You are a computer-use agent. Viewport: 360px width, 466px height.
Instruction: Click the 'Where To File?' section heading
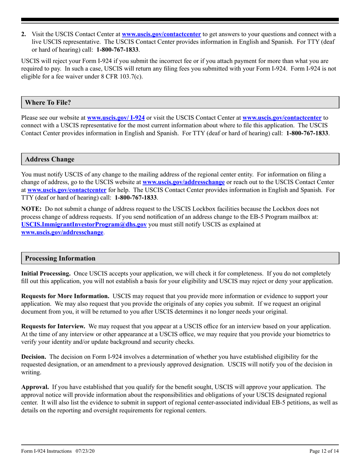coord(48,102)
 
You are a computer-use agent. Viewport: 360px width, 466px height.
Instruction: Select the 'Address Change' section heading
coord(50,160)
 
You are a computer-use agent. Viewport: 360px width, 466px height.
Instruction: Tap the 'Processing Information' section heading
coord(60,258)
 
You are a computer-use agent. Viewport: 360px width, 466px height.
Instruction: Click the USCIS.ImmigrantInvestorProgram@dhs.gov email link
coord(84,225)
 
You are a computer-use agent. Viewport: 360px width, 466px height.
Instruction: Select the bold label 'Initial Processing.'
coord(46,273)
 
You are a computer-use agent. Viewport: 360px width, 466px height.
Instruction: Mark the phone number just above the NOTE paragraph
coord(136,198)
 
